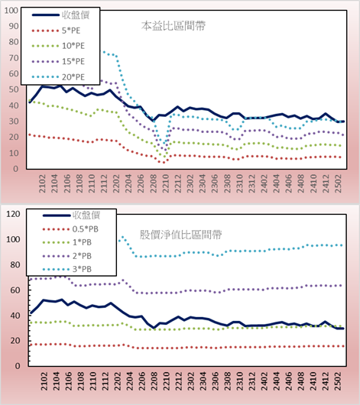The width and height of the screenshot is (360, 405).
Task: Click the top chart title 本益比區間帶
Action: point(174,26)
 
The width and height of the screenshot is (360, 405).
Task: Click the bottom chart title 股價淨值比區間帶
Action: point(180,235)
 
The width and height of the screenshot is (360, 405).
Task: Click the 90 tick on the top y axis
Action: point(14,26)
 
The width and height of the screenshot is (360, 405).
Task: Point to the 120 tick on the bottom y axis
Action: point(13,214)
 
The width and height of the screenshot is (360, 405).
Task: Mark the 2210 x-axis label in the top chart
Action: point(165,183)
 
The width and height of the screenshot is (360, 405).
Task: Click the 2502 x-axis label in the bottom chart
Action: point(338,381)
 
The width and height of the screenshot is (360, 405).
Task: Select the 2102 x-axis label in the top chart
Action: point(42,183)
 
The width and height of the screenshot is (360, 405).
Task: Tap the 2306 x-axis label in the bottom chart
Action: point(215,381)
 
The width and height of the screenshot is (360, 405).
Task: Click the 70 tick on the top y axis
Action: point(14,58)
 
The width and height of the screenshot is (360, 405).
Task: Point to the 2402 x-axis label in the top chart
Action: point(264,183)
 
